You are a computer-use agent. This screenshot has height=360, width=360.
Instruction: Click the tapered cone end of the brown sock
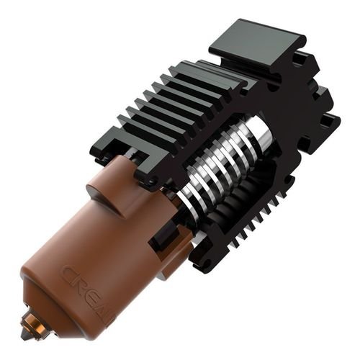(43, 302)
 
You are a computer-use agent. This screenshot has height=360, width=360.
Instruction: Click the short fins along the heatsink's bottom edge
(259, 223)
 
